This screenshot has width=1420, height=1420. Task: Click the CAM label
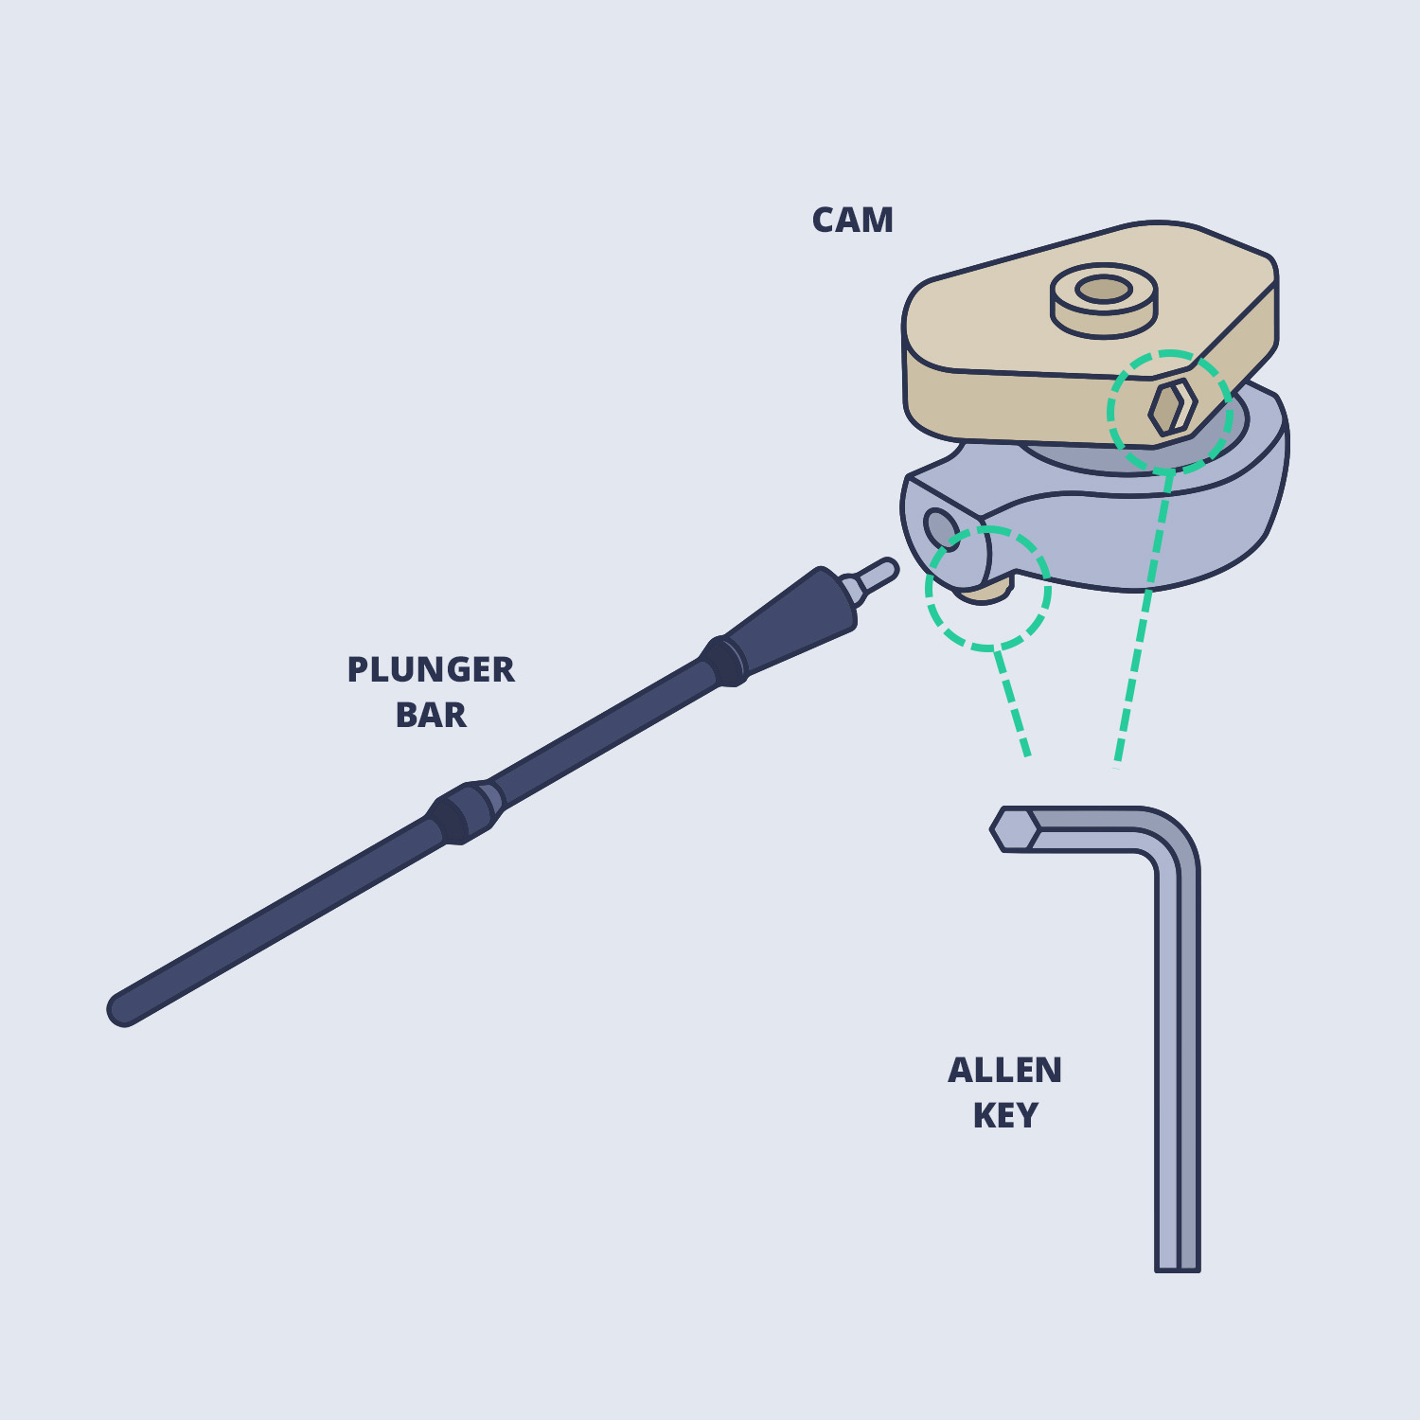click(852, 221)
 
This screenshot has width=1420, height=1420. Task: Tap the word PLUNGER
click(431, 670)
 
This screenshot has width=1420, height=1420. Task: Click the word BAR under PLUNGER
click(431, 716)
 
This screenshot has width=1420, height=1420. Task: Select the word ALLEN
click(1004, 1071)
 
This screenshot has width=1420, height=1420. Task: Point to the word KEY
click(1005, 1116)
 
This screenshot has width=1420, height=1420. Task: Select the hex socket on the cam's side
click(1172, 408)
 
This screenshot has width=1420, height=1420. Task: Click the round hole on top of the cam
click(1103, 289)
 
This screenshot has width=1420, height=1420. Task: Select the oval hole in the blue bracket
click(939, 527)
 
